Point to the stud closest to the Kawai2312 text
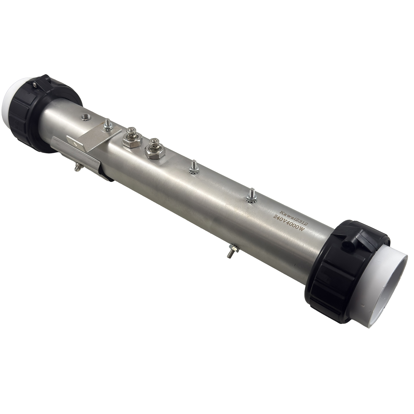coord(251,195)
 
